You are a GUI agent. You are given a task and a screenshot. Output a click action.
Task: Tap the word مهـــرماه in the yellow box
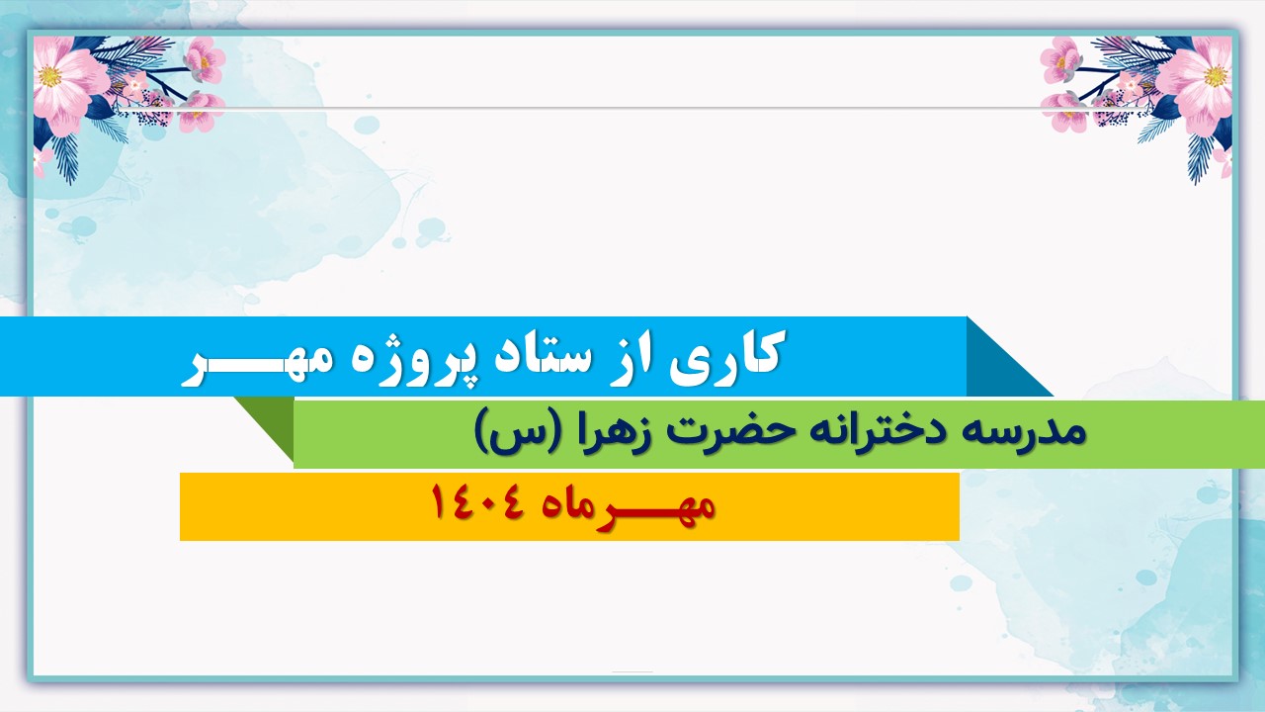tap(628, 506)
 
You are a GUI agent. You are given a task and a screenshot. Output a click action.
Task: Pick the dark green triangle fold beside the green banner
tap(272, 421)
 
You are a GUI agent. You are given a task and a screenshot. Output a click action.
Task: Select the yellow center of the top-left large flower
tap(49, 77)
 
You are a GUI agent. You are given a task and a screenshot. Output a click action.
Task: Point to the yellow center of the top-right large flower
tap(1215, 77)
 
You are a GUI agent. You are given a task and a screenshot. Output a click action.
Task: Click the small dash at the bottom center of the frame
tap(632, 671)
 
